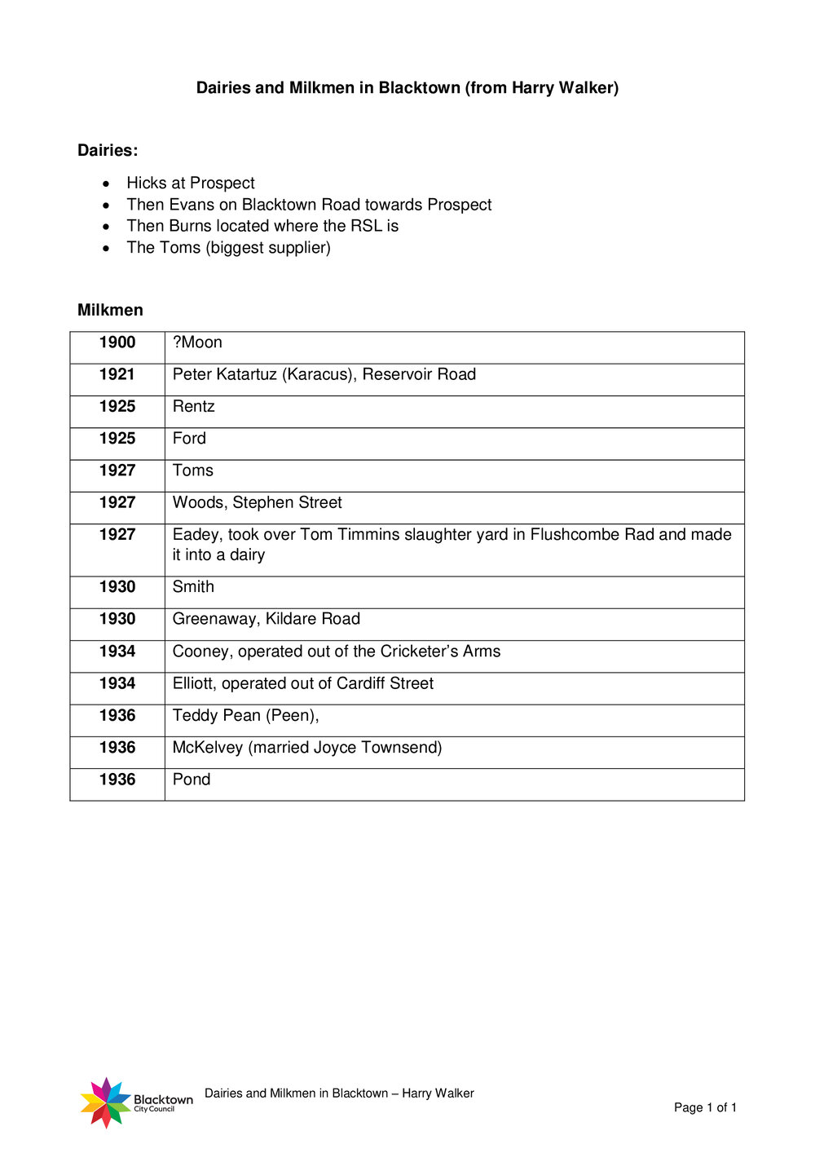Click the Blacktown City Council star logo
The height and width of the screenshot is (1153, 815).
[x=106, y=1102]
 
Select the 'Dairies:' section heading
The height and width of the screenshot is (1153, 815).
[x=108, y=150]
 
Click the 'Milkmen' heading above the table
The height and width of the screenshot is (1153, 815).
[x=110, y=310]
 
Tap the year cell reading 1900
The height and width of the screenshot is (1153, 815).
[x=117, y=342]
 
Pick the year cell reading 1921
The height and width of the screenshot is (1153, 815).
[x=117, y=374]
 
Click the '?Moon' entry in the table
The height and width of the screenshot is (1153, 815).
[x=197, y=342]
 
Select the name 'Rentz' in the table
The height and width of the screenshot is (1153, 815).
[x=193, y=406]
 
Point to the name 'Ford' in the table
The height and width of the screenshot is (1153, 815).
[x=189, y=439]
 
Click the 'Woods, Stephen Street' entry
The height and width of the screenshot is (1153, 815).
[x=257, y=502]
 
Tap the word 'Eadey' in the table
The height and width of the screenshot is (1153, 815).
[x=196, y=535]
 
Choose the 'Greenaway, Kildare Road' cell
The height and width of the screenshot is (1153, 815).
[x=266, y=619]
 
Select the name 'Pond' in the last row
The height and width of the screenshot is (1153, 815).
[x=192, y=780]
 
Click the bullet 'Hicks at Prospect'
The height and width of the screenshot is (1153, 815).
[x=190, y=183]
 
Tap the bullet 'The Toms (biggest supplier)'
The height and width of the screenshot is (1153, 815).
[x=228, y=247]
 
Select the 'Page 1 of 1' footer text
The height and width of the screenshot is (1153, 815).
[x=705, y=1107]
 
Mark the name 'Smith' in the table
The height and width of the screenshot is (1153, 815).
[x=193, y=587]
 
